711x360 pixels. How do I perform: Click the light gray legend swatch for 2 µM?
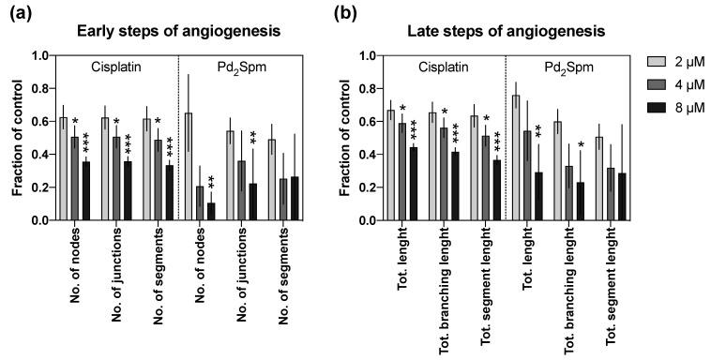[x=655, y=62]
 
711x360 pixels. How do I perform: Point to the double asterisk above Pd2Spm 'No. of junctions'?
[x=254, y=140]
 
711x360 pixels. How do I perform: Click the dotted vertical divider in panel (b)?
[x=507, y=141]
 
